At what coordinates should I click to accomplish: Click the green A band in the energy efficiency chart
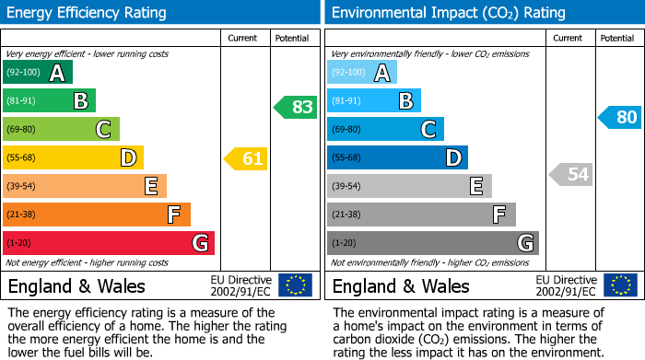(x=38, y=73)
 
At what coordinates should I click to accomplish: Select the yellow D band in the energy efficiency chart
(x=73, y=158)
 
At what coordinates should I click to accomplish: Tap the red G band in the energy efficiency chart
(x=109, y=243)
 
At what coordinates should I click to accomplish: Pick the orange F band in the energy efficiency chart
(x=97, y=215)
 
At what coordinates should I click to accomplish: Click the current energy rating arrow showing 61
(x=246, y=158)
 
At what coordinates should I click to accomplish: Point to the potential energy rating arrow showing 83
(x=296, y=107)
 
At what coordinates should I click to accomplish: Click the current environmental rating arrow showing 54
(x=570, y=174)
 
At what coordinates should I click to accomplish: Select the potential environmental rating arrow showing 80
(x=620, y=117)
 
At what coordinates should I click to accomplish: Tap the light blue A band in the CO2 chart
(x=362, y=73)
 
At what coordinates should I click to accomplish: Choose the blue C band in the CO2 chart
(x=385, y=130)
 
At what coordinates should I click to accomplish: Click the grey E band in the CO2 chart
(x=409, y=186)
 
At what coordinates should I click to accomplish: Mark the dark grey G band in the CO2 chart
(x=432, y=243)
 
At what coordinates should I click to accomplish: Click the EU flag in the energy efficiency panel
(x=295, y=285)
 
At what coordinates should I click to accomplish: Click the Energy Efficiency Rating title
(x=88, y=13)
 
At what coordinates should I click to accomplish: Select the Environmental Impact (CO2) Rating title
(x=448, y=13)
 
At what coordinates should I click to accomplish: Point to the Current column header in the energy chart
(x=244, y=38)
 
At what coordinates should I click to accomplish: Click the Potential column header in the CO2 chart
(x=617, y=38)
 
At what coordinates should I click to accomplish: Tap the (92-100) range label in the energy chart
(x=23, y=73)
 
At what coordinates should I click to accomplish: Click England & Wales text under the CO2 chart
(x=401, y=286)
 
